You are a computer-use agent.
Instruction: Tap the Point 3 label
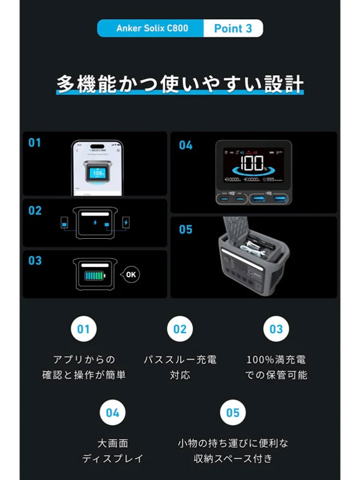(233, 28)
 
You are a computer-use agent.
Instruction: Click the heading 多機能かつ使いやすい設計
(180, 83)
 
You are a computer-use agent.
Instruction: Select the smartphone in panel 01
(98, 167)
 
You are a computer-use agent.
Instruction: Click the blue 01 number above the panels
(35, 143)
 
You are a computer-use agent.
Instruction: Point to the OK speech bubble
(131, 275)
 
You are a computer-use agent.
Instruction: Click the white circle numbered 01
(83, 329)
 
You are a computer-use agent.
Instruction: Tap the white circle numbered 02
(180, 329)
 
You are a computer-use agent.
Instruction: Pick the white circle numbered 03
(276, 329)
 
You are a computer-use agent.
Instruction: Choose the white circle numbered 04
(113, 412)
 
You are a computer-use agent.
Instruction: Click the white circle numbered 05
(233, 412)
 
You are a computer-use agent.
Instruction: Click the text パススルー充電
(180, 360)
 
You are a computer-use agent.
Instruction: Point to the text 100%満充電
(276, 360)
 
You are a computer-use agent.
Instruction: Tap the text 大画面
(113, 444)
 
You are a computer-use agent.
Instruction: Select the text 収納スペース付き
(233, 459)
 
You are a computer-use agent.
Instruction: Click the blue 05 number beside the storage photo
(185, 230)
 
